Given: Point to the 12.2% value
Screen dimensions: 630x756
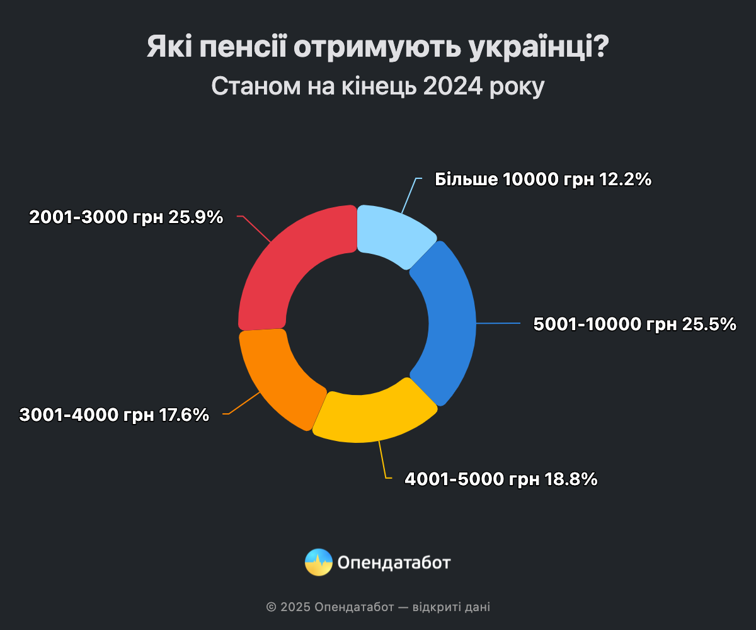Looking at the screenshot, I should point(625,180).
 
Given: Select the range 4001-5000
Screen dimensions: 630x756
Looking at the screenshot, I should point(454,479).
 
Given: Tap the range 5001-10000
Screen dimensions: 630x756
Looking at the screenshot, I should point(587,324).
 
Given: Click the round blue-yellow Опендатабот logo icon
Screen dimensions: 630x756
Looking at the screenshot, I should point(319,562).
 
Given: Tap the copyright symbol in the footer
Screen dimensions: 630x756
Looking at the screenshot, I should point(272,607).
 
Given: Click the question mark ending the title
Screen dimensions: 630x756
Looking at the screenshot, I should point(601,49).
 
